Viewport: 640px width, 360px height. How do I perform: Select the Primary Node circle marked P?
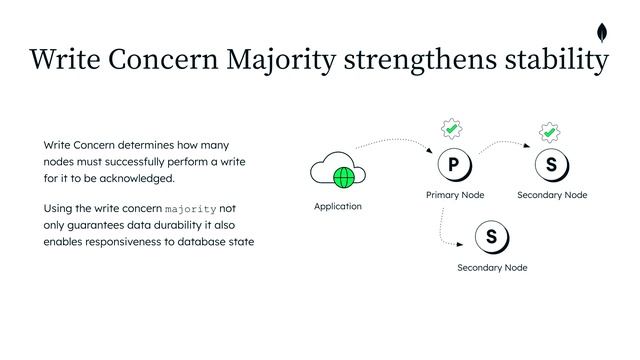pyautogui.click(x=453, y=165)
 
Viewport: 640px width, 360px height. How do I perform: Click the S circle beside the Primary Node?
pyautogui.click(x=551, y=165)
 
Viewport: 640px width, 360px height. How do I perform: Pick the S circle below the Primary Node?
pyautogui.click(x=491, y=238)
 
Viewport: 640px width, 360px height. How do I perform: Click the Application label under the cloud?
pyautogui.click(x=338, y=207)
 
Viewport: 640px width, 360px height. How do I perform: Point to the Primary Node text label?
pyautogui.click(x=455, y=195)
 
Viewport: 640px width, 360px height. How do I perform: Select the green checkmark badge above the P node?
pyautogui.click(x=452, y=130)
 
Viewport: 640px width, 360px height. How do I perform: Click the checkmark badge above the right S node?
pyautogui.click(x=549, y=132)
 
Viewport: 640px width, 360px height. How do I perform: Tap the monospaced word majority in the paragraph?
pyautogui.click(x=190, y=209)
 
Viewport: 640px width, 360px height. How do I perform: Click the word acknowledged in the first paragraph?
pyautogui.click(x=135, y=178)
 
